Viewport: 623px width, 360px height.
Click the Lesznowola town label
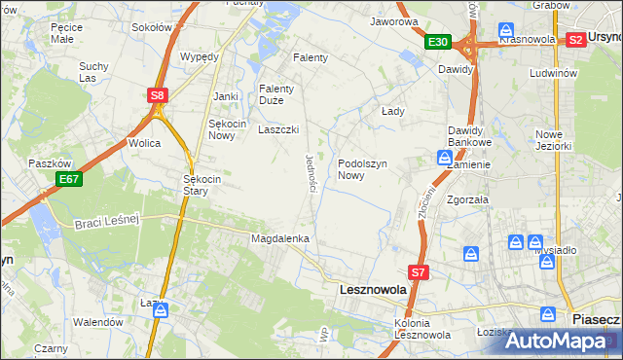(373, 289)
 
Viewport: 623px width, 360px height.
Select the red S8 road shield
(158, 95)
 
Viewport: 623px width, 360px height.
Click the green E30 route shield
(437, 42)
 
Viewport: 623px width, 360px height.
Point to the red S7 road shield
(418, 273)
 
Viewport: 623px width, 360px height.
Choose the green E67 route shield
(68, 179)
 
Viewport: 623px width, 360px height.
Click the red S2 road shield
(575, 40)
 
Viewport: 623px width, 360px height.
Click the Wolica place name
(143, 143)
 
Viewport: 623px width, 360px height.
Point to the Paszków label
(45, 163)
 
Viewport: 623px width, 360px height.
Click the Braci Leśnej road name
(107, 223)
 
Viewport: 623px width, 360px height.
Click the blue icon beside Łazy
(162, 310)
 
